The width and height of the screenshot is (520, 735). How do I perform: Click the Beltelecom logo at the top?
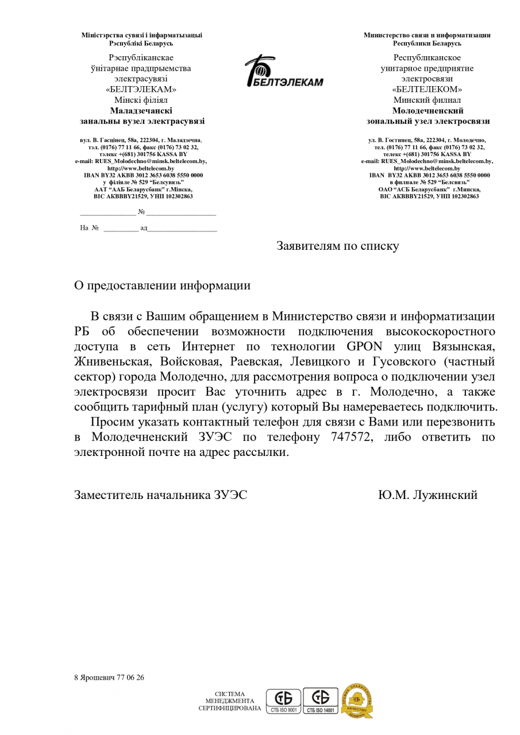click(283, 72)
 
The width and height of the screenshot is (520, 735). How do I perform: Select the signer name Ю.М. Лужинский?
click(427, 495)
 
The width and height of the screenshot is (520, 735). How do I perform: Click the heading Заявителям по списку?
click(337, 246)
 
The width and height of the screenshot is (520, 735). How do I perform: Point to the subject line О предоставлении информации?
click(162, 285)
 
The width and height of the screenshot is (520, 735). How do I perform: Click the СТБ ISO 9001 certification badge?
click(283, 701)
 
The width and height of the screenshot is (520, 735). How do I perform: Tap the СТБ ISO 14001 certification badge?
click(321, 701)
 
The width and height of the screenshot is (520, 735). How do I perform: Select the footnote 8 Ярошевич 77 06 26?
click(109, 678)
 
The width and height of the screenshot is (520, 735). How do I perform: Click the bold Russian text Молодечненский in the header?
click(427, 111)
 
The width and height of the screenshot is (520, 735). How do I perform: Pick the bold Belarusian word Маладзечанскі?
click(141, 111)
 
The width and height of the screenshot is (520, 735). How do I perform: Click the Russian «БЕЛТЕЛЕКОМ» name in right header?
click(427, 90)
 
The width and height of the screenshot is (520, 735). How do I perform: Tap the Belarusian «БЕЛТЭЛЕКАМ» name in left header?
click(141, 90)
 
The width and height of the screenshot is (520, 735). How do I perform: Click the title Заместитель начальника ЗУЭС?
click(161, 495)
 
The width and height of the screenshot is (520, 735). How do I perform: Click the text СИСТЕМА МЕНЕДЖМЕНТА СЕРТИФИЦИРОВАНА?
click(230, 701)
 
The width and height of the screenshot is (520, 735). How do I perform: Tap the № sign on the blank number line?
click(141, 212)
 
